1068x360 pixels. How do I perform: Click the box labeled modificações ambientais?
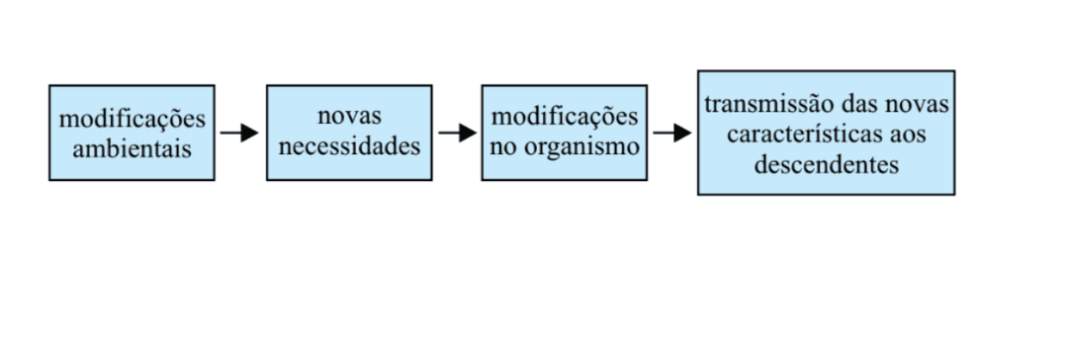[132, 133]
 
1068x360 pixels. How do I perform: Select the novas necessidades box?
[348, 133]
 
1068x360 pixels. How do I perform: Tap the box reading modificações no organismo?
[564, 133]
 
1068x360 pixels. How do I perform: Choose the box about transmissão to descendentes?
[826, 133]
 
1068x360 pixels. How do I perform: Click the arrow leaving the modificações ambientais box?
[239, 133]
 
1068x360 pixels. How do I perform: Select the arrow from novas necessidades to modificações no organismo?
[457, 133]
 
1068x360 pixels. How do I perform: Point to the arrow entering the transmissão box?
[671, 133]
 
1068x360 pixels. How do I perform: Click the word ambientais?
[132, 149]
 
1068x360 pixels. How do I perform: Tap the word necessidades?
[349, 147]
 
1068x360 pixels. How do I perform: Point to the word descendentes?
[826, 164]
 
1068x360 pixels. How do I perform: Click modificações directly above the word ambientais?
[132, 119]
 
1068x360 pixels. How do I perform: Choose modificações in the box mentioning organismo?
[564, 117]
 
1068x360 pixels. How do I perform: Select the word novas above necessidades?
[348, 117]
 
